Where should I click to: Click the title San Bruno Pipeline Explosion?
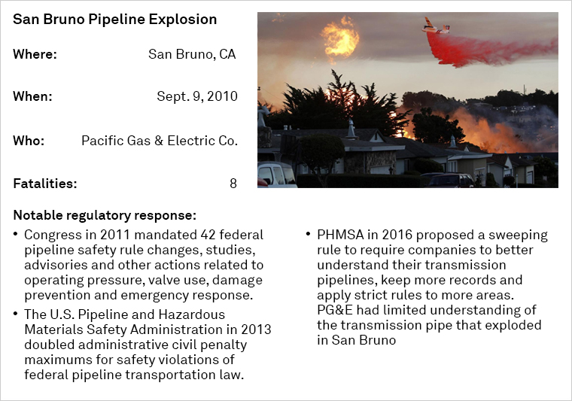point(115,20)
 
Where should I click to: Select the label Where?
point(35,54)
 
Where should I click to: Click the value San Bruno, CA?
point(192,54)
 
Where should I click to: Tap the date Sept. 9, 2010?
point(197,96)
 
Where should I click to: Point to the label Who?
point(29,141)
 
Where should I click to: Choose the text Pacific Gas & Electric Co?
point(160,141)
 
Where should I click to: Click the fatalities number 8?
point(233,184)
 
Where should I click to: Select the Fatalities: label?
point(45,184)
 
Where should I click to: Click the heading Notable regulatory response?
point(105,215)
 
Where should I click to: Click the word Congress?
point(53,235)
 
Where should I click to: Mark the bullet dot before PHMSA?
point(309,233)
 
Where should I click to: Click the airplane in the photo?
point(436,26)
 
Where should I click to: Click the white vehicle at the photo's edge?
point(276,175)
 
